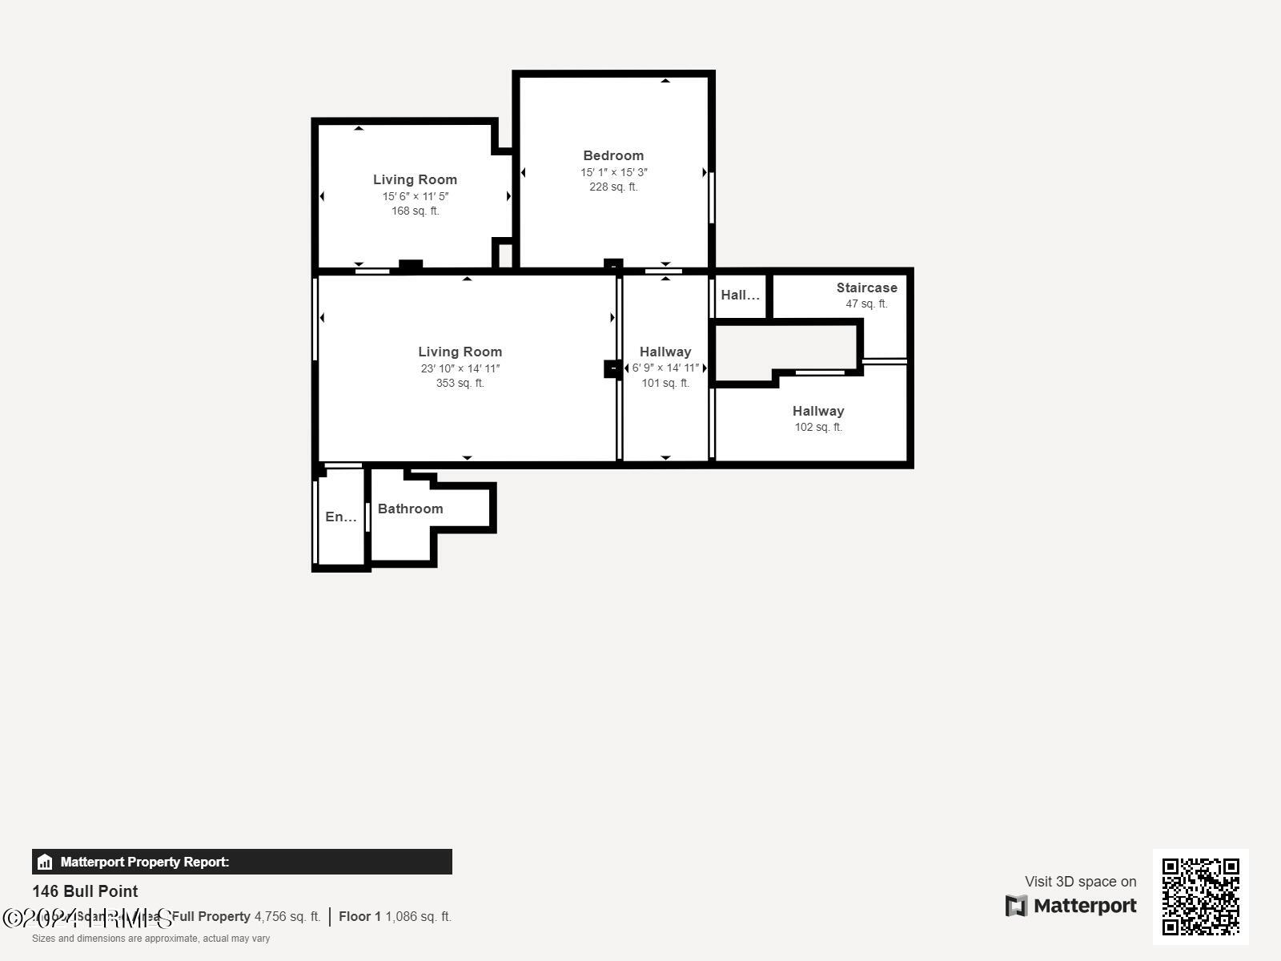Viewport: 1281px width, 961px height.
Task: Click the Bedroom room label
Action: tap(613, 155)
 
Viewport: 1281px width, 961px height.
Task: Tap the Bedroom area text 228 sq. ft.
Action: tap(613, 187)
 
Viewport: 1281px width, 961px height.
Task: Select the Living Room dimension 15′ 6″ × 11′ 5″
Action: tap(415, 196)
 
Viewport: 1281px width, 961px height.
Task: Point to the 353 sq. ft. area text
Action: tap(460, 383)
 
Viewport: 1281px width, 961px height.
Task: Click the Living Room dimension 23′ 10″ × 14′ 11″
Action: tap(460, 368)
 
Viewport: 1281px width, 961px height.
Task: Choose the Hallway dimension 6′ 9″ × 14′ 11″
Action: tap(665, 368)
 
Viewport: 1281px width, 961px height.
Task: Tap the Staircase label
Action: tap(866, 287)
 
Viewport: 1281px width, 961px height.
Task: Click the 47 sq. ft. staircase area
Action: tap(866, 304)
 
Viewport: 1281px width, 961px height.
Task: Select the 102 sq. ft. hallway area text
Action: tap(818, 427)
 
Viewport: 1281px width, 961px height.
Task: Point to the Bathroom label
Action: tap(410, 509)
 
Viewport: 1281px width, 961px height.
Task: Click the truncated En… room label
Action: tap(340, 517)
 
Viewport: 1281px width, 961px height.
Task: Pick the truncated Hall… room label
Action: tap(740, 295)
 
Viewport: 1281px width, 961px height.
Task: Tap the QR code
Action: tap(1200, 896)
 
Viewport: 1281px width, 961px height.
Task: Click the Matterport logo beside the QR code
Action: tap(1071, 906)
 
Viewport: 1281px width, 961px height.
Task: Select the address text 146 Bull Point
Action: tap(85, 891)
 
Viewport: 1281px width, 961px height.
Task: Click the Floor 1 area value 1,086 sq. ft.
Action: tap(418, 916)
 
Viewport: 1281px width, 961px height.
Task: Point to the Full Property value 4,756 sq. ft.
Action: tap(287, 916)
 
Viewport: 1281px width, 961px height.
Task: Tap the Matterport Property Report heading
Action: tap(145, 862)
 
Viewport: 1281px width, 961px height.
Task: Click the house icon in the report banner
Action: tap(45, 862)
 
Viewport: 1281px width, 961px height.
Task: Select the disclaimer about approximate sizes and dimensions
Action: tap(151, 939)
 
